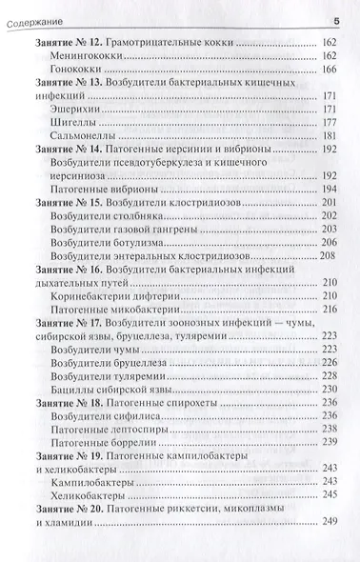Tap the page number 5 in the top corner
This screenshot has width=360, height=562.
tap(336, 20)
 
